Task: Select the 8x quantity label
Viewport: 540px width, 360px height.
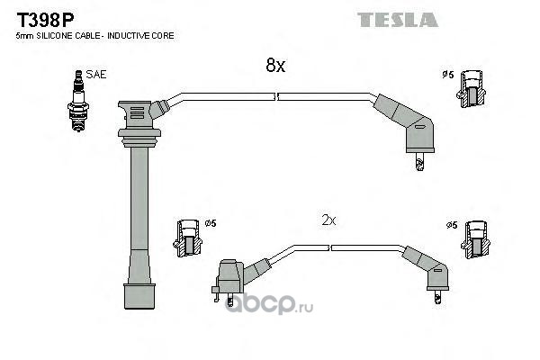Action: pyautogui.click(x=274, y=66)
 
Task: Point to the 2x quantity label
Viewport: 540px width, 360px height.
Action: pyautogui.click(x=328, y=220)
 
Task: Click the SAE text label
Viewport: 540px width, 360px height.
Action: pyautogui.click(x=96, y=75)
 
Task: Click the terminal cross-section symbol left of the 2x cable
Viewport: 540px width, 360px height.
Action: pyautogui.click(x=187, y=236)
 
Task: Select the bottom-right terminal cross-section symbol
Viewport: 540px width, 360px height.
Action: pyautogui.click(x=474, y=237)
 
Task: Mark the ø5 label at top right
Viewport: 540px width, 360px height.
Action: pyautogui.click(x=446, y=75)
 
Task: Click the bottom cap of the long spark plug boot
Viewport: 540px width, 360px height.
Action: pyautogui.click(x=139, y=297)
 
